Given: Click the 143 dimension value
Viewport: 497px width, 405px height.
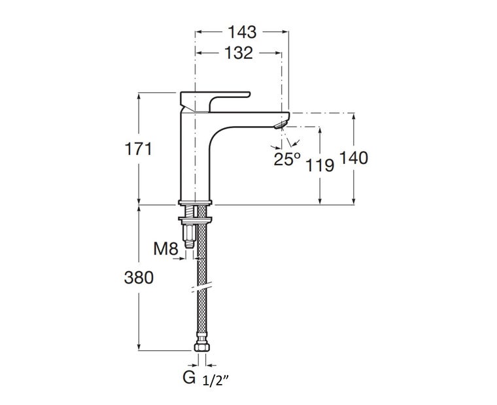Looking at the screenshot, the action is pyautogui.click(x=242, y=32).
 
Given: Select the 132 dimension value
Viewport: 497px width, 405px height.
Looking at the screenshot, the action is pyautogui.click(x=239, y=53).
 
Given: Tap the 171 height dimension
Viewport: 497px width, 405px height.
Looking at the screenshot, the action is pyautogui.click(x=139, y=149).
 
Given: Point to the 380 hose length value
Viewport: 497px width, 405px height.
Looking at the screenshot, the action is pyautogui.click(x=139, y=278).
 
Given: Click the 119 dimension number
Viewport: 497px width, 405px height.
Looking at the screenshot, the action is pyautogui.click(x=320, y=165).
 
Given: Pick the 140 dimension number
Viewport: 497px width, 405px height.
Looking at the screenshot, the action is pyautogui.click(x=354, y=158).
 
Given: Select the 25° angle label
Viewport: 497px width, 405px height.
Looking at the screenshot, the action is pyautogui.click(x=287, y=159).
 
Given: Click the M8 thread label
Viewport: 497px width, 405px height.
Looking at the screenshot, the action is pyautogui.click(x=165, y=249).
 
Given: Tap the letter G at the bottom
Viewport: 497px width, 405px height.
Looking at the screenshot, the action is pyautogui.click(x=189, y=377).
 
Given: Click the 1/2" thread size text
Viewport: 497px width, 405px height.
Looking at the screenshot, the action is pyautogui.click(x=216, y=380).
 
